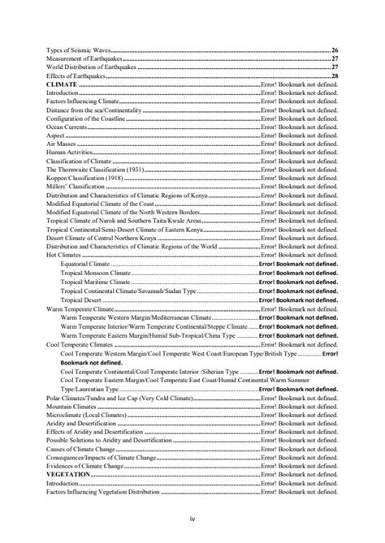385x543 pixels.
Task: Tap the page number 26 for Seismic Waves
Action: (x=335, y=50)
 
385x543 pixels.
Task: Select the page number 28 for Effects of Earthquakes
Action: (x=335, y=76)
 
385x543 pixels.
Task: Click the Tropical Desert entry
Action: (x=85, y=300)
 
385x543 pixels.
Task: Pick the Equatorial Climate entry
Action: (x=90, y=265)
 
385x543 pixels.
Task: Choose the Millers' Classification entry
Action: (x=76, y=187)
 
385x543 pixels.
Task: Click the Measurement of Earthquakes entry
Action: (x=84, y=59)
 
